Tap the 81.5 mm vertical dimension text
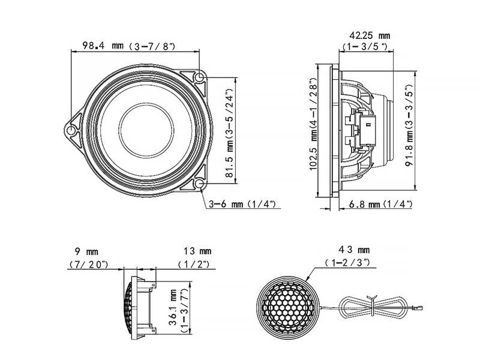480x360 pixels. coord(229,130)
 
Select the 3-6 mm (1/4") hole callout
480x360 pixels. coord(242,205)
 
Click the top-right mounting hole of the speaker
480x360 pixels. coord(200,77)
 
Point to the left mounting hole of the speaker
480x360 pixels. coord(72,129)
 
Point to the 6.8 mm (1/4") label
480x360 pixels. coord(381,205)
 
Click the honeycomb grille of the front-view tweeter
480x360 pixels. coord(286,307)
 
